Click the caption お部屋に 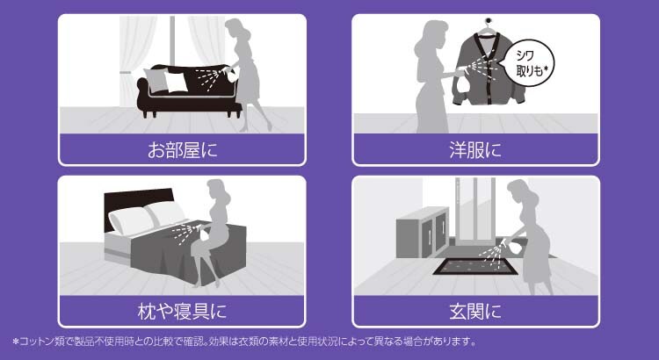[x=183, y=150]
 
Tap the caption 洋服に [x=475, y=150]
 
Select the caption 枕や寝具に [x=182, y=312]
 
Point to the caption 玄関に [x=475, y=312]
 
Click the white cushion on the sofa [x=175, y=82]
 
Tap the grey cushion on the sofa [x=156, y=79]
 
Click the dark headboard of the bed [x=139, y=205]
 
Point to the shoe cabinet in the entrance [x=423, y=233]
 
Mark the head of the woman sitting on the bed [x=218, y=192]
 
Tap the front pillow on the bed [x=131, y=220]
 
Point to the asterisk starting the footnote [x=16, y=342]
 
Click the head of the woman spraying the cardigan [x=433, y=37]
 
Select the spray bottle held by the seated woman [x=204, y=234]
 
